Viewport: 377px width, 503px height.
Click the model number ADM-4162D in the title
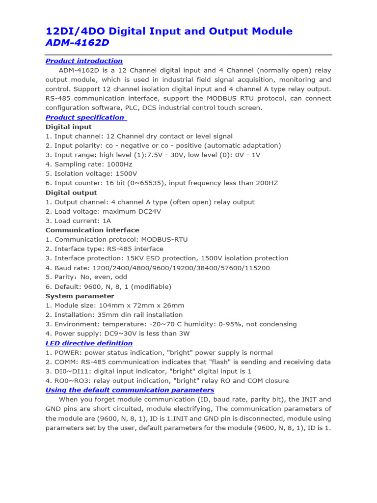point(77,43)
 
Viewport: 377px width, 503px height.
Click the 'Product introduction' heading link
point(84,61)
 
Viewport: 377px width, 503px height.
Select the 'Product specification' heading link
point(85,117)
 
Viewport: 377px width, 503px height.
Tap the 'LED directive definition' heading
point(89,343)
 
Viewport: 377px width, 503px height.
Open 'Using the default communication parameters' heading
point(130,390)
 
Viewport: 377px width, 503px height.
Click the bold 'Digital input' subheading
point(68,127)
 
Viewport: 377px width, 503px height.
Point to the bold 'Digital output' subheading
point(71,193)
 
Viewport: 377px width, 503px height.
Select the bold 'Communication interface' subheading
point(92,230)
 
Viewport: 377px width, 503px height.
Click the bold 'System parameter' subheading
point(80,296)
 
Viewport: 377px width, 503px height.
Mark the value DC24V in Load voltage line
point(149,212)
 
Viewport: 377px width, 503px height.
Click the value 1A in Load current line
point(106,221)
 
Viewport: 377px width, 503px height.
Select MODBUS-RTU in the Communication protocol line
point(164,240)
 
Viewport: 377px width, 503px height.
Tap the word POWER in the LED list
point(66,353)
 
